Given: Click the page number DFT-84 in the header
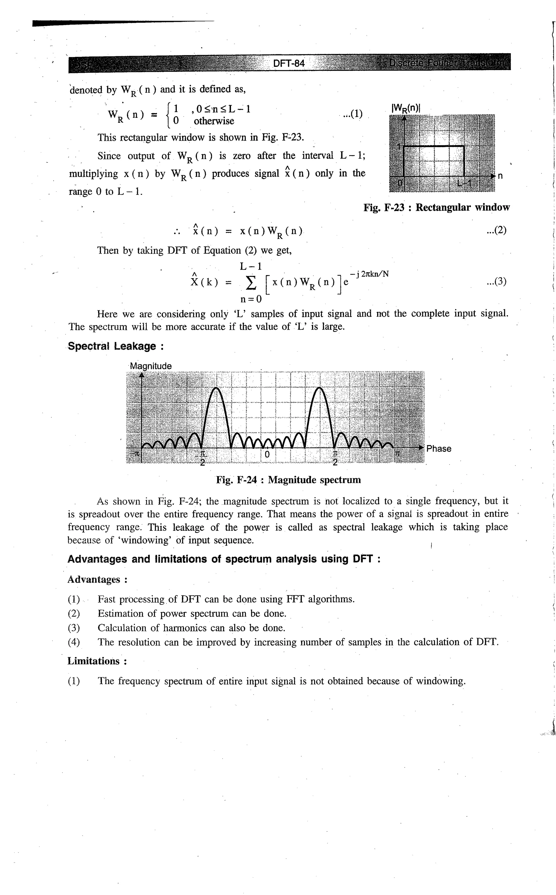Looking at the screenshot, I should (289, 64).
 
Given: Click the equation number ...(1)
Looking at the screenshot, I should (352, 114).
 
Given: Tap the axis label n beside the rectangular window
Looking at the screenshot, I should (500, 176).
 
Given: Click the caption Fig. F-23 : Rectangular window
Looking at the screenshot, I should (437, 208).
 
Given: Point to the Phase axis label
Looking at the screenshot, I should (439, 448).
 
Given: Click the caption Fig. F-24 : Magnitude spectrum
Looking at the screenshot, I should (288, 480).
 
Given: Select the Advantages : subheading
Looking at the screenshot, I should (97, 579).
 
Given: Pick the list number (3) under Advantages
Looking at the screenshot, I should (74, 628).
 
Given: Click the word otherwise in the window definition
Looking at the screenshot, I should (214, 121).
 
